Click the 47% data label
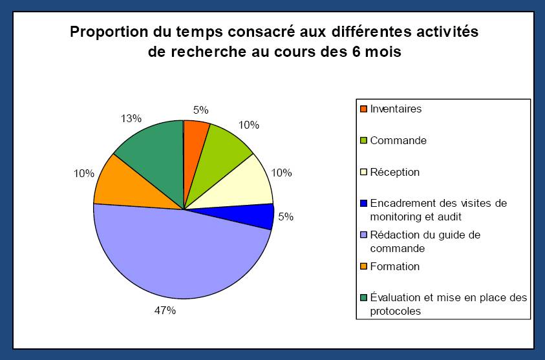click(165, 311)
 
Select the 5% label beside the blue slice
click(286, 217)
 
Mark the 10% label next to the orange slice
click(84, 173)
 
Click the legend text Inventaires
click(396, 109)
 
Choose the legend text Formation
click(394, 266)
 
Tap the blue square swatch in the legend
click(363, 204)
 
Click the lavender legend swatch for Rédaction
click(363, 235)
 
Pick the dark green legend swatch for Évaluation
click(363, 298)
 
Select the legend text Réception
click(394, 172)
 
